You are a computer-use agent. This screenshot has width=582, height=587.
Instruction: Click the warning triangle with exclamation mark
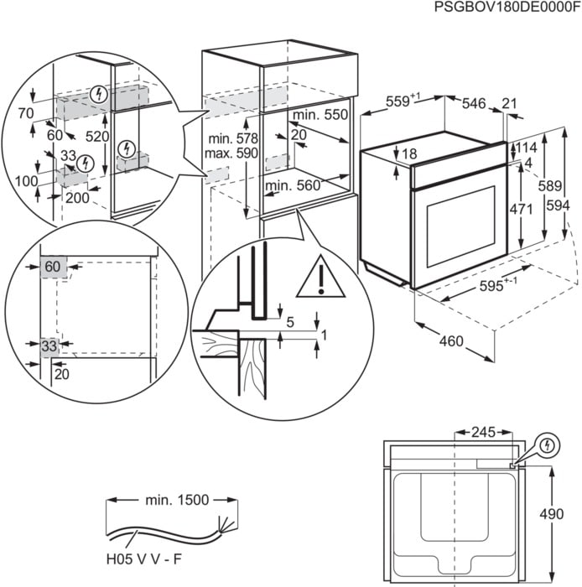(x=319, y=278)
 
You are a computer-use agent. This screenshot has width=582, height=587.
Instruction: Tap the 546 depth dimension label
(x=475, y=103)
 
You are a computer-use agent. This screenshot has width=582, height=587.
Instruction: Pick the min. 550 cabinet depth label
(x=319, y=113)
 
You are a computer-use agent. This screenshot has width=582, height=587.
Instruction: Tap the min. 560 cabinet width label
(x=294, y=185)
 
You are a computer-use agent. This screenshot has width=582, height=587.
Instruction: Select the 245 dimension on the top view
(x=483, y=434)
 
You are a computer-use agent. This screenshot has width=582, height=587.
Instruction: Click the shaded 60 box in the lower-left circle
(x=53, y=267)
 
